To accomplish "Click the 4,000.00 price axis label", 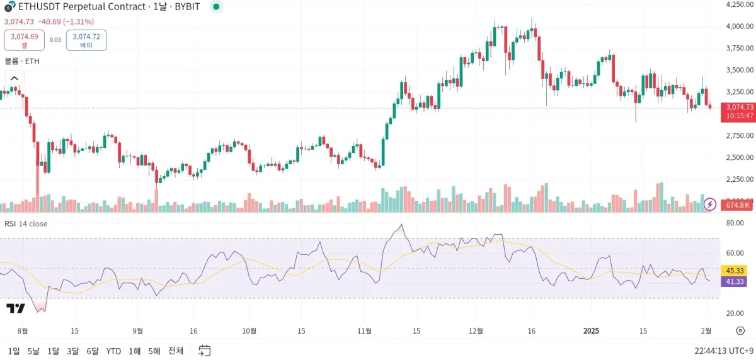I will (740, 26).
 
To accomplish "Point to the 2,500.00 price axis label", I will (740, 157).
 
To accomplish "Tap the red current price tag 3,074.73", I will (738, 107).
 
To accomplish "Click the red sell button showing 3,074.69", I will (25, 40).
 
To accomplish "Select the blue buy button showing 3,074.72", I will (86, 40).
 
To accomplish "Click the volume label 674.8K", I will (738, 205).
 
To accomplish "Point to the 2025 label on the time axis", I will (592, 331).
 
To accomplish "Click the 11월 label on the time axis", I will (365, 331).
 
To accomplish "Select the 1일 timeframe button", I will (14, 351).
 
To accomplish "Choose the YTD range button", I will (113, 351).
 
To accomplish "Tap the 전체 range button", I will (176, 351).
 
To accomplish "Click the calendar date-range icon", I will (204, 351).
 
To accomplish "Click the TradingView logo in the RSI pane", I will (16, 308).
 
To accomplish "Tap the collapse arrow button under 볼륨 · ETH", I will (14, 79).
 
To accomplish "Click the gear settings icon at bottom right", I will (740, 331).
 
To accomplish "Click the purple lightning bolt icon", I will (710, 204).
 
